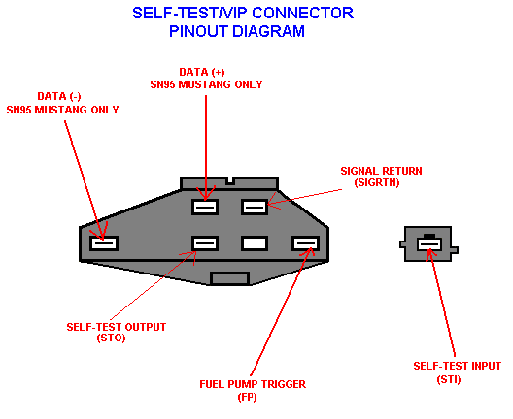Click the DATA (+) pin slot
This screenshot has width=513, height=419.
pos(205,207)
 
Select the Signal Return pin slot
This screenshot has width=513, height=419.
pos(255,207)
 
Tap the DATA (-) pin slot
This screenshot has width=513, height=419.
pos(104,243)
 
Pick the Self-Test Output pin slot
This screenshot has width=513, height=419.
pos(205,243)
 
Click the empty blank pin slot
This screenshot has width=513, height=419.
pos(255,243)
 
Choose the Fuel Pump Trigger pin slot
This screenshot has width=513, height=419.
pos(306,243)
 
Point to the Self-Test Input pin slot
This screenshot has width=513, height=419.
pos(429,244)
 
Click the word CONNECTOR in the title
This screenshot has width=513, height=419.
pos(302,13)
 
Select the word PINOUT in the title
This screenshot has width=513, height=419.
pos(198,31)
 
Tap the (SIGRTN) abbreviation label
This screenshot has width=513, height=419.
pos(377,182)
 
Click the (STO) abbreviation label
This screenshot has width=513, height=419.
pos(111,338)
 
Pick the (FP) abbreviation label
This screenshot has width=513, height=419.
pos(248,397)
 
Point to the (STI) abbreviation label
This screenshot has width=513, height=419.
pos(449,379)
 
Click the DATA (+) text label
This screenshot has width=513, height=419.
pos(202,72)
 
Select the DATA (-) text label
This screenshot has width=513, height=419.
pos(59,96)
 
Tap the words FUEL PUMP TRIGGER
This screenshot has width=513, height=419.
pos(253,384)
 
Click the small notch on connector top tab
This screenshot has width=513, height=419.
pos(230,181)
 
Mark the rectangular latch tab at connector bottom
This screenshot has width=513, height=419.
pos(230,278)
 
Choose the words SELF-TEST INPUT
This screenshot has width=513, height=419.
pos(457,366)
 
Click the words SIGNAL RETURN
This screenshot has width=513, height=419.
pos(381,171)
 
